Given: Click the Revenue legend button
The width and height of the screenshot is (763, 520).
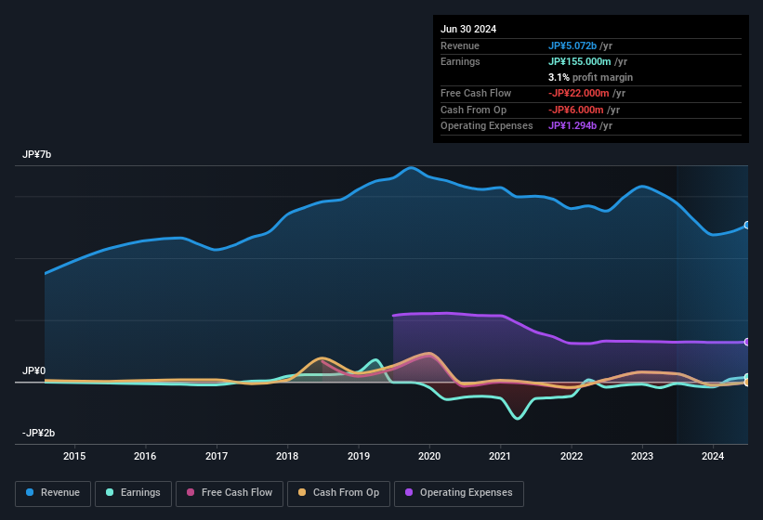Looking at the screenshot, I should click(53, 493).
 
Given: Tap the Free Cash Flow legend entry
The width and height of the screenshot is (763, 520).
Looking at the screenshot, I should click(230, 493).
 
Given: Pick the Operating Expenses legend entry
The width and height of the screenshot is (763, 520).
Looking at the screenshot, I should click(459, 493).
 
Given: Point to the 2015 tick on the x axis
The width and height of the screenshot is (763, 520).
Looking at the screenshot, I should click(74, 456).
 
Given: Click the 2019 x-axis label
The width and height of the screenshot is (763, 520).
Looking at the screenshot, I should click(359, 456).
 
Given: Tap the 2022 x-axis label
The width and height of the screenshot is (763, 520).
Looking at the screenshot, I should click(572, 456).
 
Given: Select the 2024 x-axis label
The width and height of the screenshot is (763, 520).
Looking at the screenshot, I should click(713, 456).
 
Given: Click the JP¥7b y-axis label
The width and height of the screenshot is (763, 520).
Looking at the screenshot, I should click(37, 154).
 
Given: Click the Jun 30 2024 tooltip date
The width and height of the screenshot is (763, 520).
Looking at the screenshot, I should click(468, 29).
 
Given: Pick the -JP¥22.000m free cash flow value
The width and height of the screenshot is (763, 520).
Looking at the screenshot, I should click(581, 93).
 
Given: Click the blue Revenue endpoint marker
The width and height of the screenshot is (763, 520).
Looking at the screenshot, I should click(747, 226).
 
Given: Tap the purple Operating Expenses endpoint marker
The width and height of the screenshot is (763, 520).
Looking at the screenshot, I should click(747, 342).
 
